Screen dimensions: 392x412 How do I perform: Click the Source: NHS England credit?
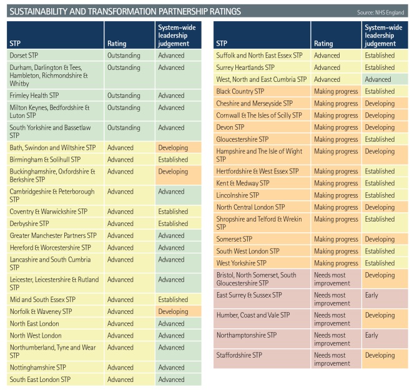pyautogui.click(x=381, y=12)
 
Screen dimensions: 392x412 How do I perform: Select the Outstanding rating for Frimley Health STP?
pyautogui.click(x=124, y=96)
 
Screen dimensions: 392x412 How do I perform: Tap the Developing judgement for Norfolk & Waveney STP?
pyautogui.click(x=173, y=311)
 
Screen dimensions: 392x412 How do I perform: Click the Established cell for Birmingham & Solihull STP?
pyautogui.click(x=173, y=160)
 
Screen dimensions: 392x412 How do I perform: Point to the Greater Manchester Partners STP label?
pyautogui.click(x=53, y=236)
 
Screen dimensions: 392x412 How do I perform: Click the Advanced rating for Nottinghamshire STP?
pyautogui.click(x=120, y=368)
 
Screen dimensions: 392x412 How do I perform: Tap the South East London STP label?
pyautogui.click(x=40, y=380)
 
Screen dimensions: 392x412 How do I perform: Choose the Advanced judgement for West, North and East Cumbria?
pyautogui.click(x=378, y=80)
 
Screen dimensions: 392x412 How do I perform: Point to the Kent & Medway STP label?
pyautogui.click(x=243, y=184)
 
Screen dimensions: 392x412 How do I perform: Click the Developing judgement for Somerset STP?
pyautogui.click(x=380, y=239)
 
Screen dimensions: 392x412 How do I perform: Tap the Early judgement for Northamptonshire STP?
pyautogui.click(x=371, y=335)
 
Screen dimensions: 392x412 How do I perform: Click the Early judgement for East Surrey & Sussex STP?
pyautogui.click(x=371, y=295)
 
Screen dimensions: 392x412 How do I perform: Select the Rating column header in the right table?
pyautogui.click(x=323, y=44)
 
